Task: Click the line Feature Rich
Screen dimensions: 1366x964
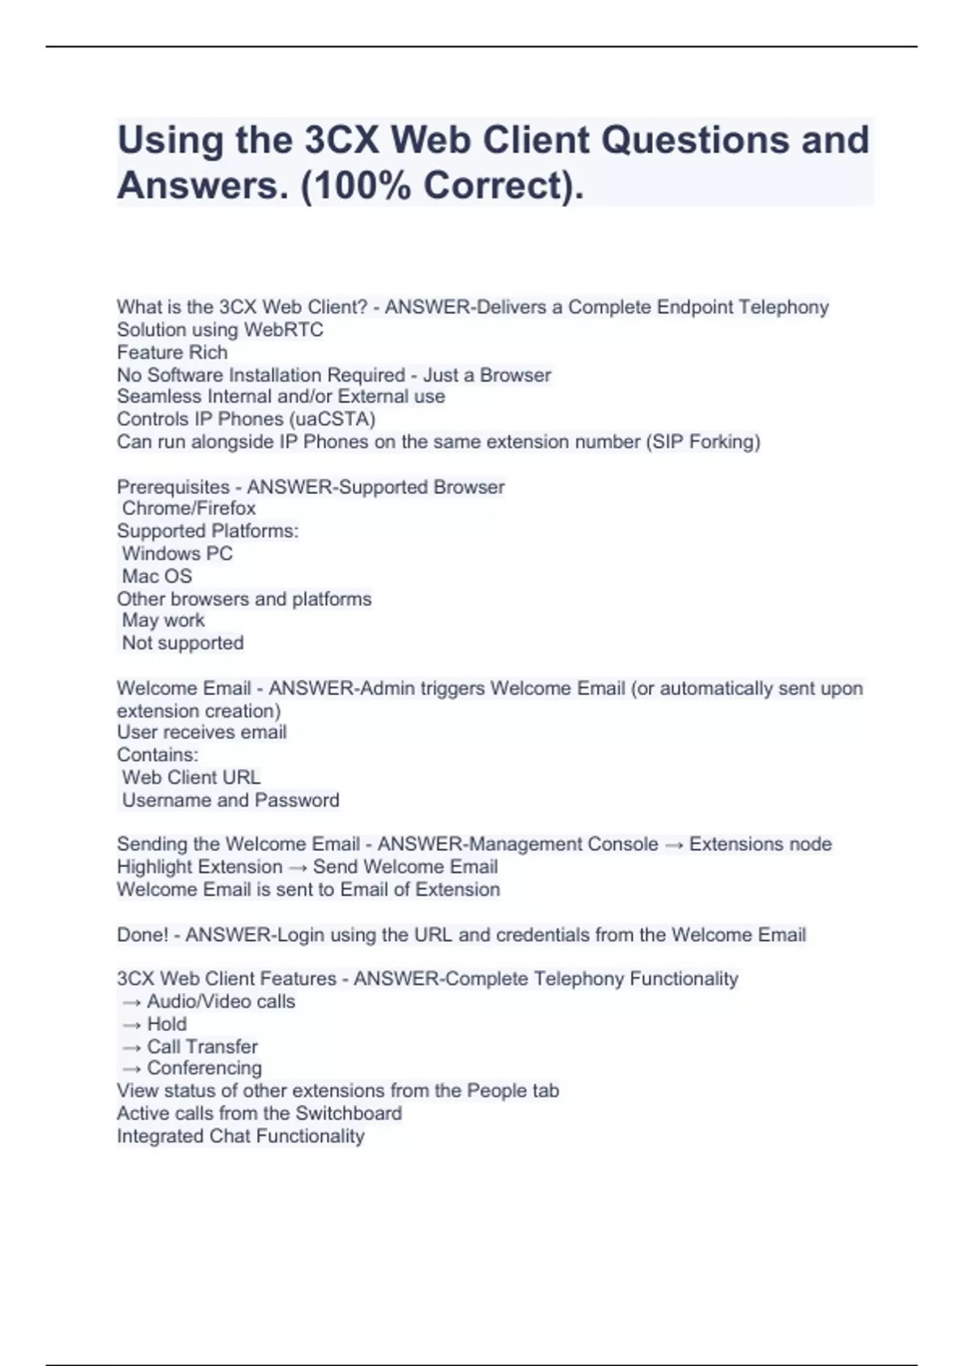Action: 172,352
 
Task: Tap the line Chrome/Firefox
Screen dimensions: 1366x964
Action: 189,508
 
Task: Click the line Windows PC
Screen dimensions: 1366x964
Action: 177,554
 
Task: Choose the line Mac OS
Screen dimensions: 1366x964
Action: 157,576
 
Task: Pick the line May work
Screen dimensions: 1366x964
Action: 163,620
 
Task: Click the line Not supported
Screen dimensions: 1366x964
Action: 182,643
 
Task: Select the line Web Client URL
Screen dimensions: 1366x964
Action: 191,777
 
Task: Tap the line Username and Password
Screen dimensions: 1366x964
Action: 231,800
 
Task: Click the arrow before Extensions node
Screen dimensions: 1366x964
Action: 673,845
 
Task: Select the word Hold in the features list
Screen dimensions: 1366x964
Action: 167,1024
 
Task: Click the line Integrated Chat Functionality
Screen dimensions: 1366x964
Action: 240,1136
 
